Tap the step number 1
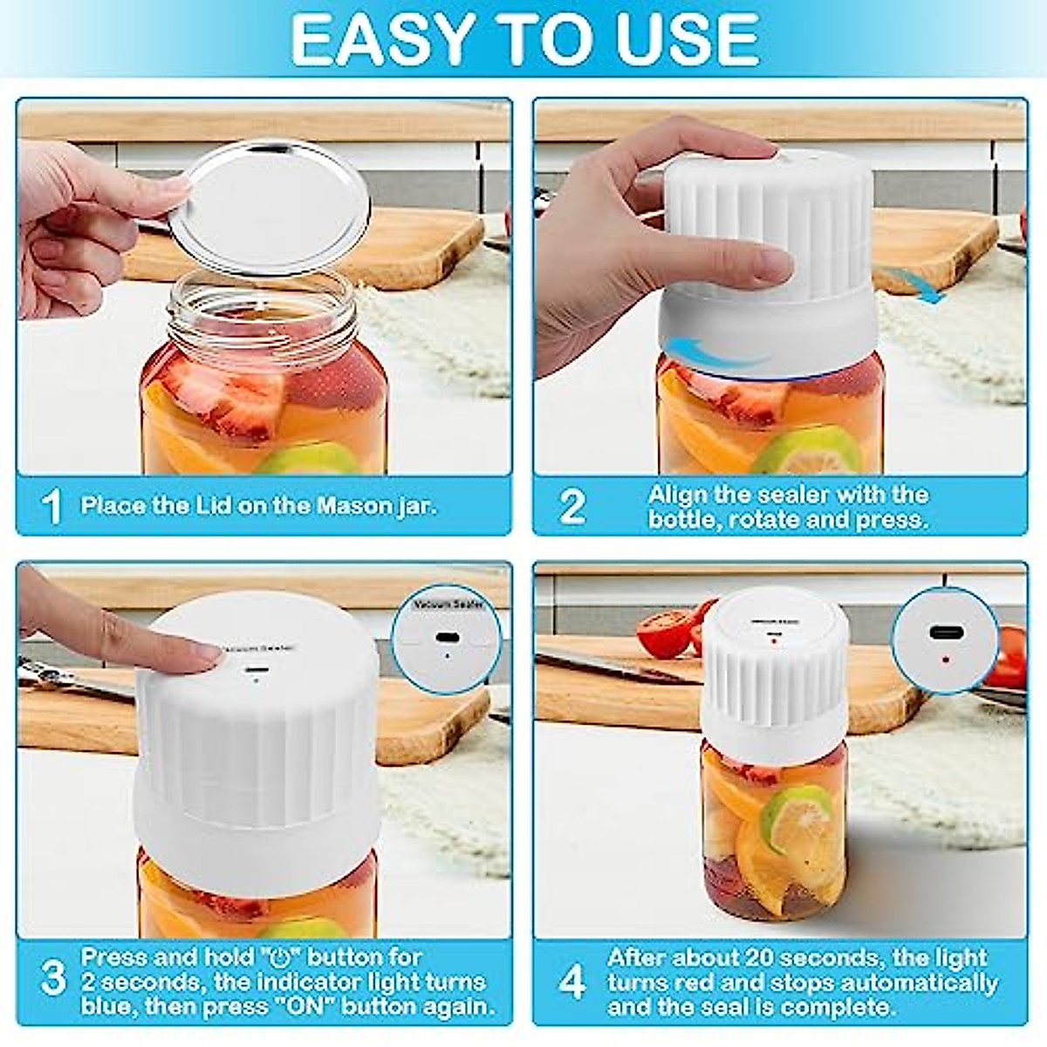(x=52, y=506)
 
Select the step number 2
(x=572, y=506)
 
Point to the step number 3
(x=53, y=980)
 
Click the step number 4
(x=571, y=982)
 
